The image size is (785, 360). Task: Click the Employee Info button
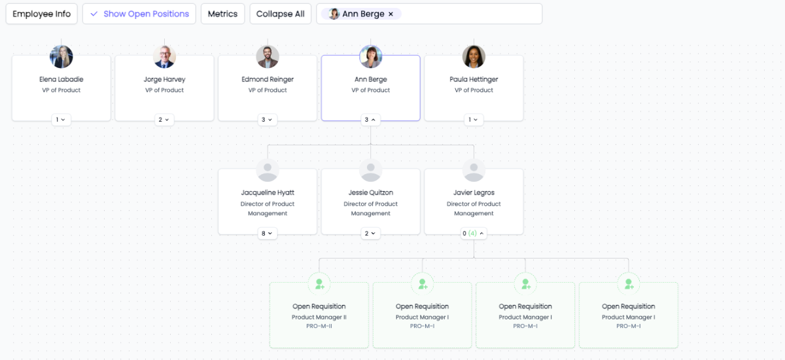[x=42, y=14]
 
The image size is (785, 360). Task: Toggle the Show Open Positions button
[x=139, y=14]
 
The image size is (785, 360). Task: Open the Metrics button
[x=222, y=14]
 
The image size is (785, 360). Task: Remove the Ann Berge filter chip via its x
[x=391, y=14]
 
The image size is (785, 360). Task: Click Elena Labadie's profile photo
[x=61, y=57]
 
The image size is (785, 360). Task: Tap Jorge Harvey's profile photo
[x=165, y=57]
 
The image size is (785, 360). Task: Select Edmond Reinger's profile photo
[x=268, y=57]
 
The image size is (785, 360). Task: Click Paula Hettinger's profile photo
[x=474, y=57]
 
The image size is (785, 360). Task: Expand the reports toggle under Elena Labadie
[x=61, y=120]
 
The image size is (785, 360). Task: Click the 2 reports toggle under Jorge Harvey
[x=164, y=120]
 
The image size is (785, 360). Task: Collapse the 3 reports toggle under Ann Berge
[x=370, y=120]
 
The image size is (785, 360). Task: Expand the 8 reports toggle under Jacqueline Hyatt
[x=268, y=233]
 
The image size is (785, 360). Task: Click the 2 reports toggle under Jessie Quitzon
[x=370, y=233]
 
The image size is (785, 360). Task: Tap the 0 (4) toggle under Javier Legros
[x=474, y=233]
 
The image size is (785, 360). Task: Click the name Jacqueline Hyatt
[x=268, y=192]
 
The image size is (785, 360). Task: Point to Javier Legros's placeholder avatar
[x=474, y=170]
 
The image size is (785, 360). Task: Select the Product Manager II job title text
[x=319, y=317]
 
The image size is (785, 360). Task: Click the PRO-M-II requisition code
[x=319, y=326]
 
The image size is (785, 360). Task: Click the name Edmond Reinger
[x=268, y=79]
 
